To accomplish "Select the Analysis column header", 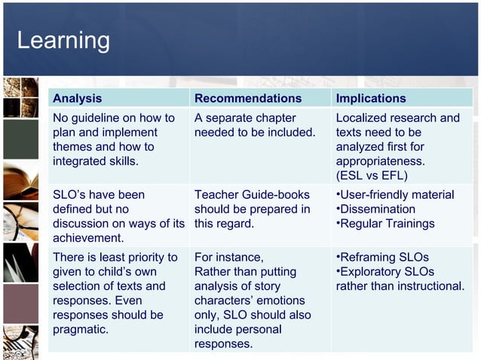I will click(x=77, y=98).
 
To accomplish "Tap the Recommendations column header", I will click(x=247, y=98).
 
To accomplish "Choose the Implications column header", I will click(x=370, y=98).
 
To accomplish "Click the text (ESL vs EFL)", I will click(x=372, y=175).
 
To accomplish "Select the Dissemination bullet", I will click(x=376, y=209).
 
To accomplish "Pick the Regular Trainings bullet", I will click(x=385, y=223).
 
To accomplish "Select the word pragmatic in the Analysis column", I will click(x=81, y=329).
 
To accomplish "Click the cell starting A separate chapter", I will click(x=255, y=125).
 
